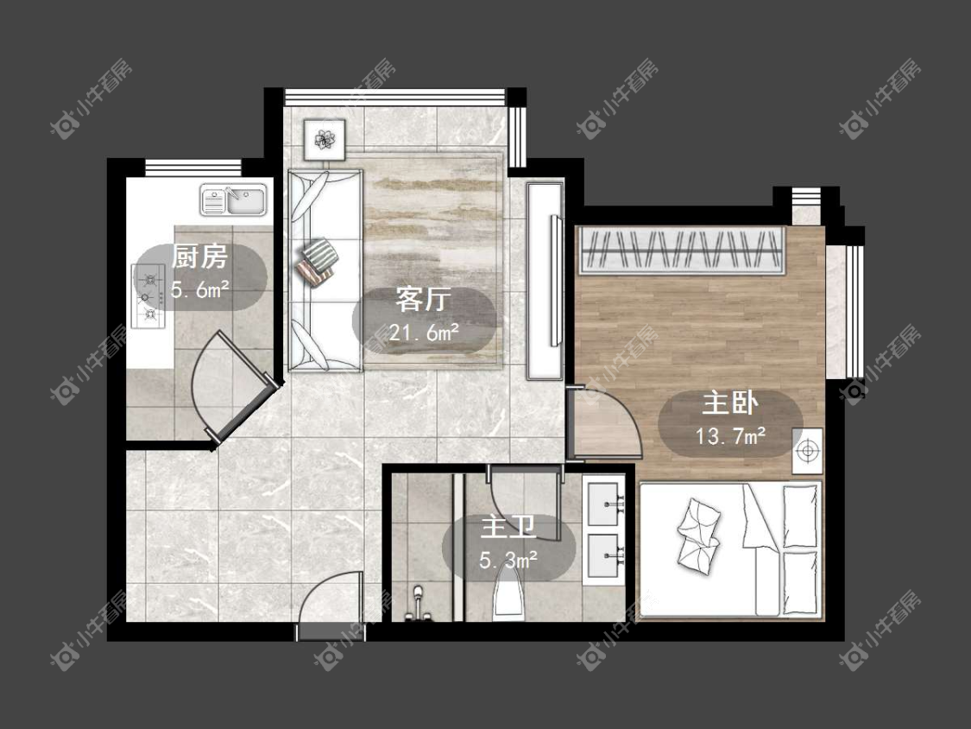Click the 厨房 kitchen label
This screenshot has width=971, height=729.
(199, 257)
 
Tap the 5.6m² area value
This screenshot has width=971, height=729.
(200, 288)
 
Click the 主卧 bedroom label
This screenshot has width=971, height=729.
(730, 403)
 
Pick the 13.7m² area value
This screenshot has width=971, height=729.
(731, 436)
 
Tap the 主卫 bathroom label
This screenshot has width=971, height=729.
(508, 528)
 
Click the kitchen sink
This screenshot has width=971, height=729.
(233, 200)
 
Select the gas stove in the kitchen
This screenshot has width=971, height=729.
(148, 296)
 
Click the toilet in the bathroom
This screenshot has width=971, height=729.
(509, 594)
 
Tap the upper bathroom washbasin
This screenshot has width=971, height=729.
(604, 504)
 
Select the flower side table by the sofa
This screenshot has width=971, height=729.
(325, 139)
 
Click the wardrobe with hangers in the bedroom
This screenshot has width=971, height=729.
(681, 250)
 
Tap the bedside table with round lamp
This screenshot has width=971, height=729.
(807, 451)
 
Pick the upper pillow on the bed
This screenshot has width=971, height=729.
(799, 517)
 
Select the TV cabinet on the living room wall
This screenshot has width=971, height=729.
(545, 280)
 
